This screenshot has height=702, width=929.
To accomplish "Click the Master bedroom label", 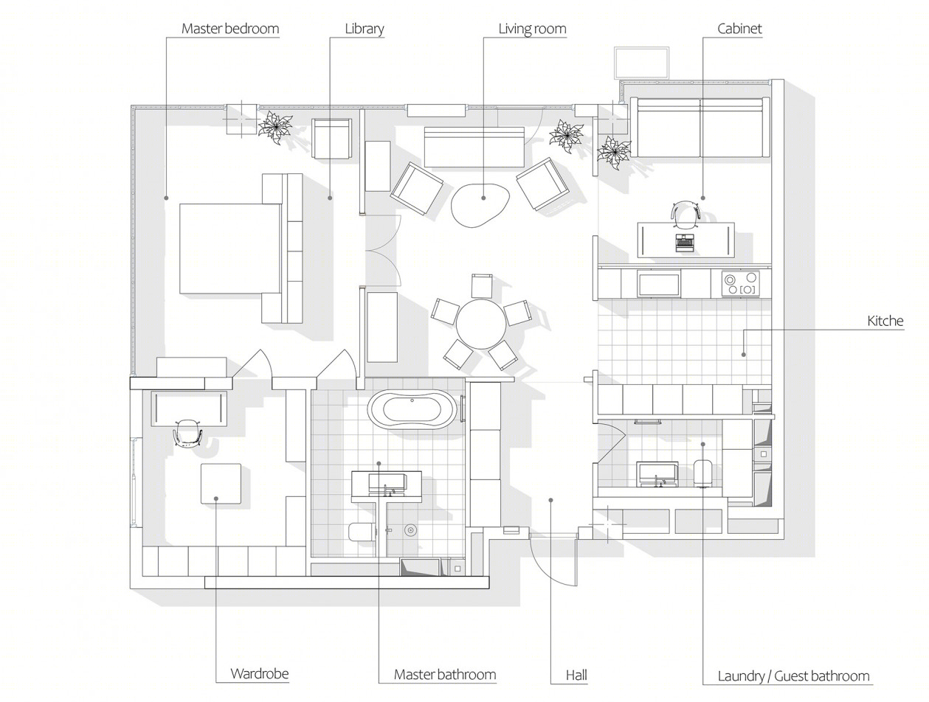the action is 229,29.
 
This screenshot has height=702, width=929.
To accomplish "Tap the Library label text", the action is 364,29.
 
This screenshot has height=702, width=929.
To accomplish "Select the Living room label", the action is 532,29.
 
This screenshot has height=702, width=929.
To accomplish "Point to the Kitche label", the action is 885,321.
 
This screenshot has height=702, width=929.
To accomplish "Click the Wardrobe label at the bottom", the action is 260,673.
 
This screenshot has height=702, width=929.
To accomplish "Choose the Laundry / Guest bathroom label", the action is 793,675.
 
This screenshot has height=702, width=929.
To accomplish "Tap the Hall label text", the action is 576,675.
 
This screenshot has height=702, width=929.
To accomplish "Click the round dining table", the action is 481,324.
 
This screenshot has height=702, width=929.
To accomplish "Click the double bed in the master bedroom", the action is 241,249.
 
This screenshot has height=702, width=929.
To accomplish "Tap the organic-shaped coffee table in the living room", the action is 480,205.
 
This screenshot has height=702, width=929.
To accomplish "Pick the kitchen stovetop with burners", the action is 740,284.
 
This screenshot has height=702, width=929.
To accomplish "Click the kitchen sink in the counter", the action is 659,284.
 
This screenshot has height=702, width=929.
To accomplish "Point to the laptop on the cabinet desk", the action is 685,243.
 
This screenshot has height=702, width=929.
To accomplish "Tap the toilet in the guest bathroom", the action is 702,473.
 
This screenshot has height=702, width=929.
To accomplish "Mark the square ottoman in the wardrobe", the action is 221,484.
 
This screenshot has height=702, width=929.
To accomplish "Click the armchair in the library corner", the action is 331,139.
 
